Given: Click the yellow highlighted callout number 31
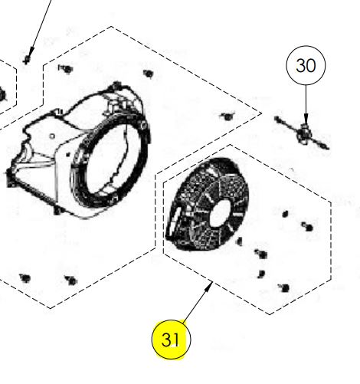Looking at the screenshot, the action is [171, 340].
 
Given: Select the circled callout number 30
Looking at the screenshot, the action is [306, 65].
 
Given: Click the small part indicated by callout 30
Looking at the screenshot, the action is [303, 133].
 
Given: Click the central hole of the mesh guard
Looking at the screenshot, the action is [221, 213].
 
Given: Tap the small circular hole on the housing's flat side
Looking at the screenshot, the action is [52, 136].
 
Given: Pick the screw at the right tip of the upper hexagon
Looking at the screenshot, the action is [227, 117].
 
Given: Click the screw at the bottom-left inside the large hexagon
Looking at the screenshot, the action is [25, 278].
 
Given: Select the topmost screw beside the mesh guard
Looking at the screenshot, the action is [285, 214].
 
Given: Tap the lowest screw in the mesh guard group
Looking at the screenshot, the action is [284, 288].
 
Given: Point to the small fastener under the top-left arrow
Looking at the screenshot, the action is [27, 61].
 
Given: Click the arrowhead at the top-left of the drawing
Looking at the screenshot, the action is [31, 51].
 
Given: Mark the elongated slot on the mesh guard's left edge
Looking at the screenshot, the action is [175, 218].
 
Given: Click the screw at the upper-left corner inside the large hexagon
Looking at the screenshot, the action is [66, 69].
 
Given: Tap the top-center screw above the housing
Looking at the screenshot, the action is [148, 74].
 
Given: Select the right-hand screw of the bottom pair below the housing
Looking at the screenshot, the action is [71, 280].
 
